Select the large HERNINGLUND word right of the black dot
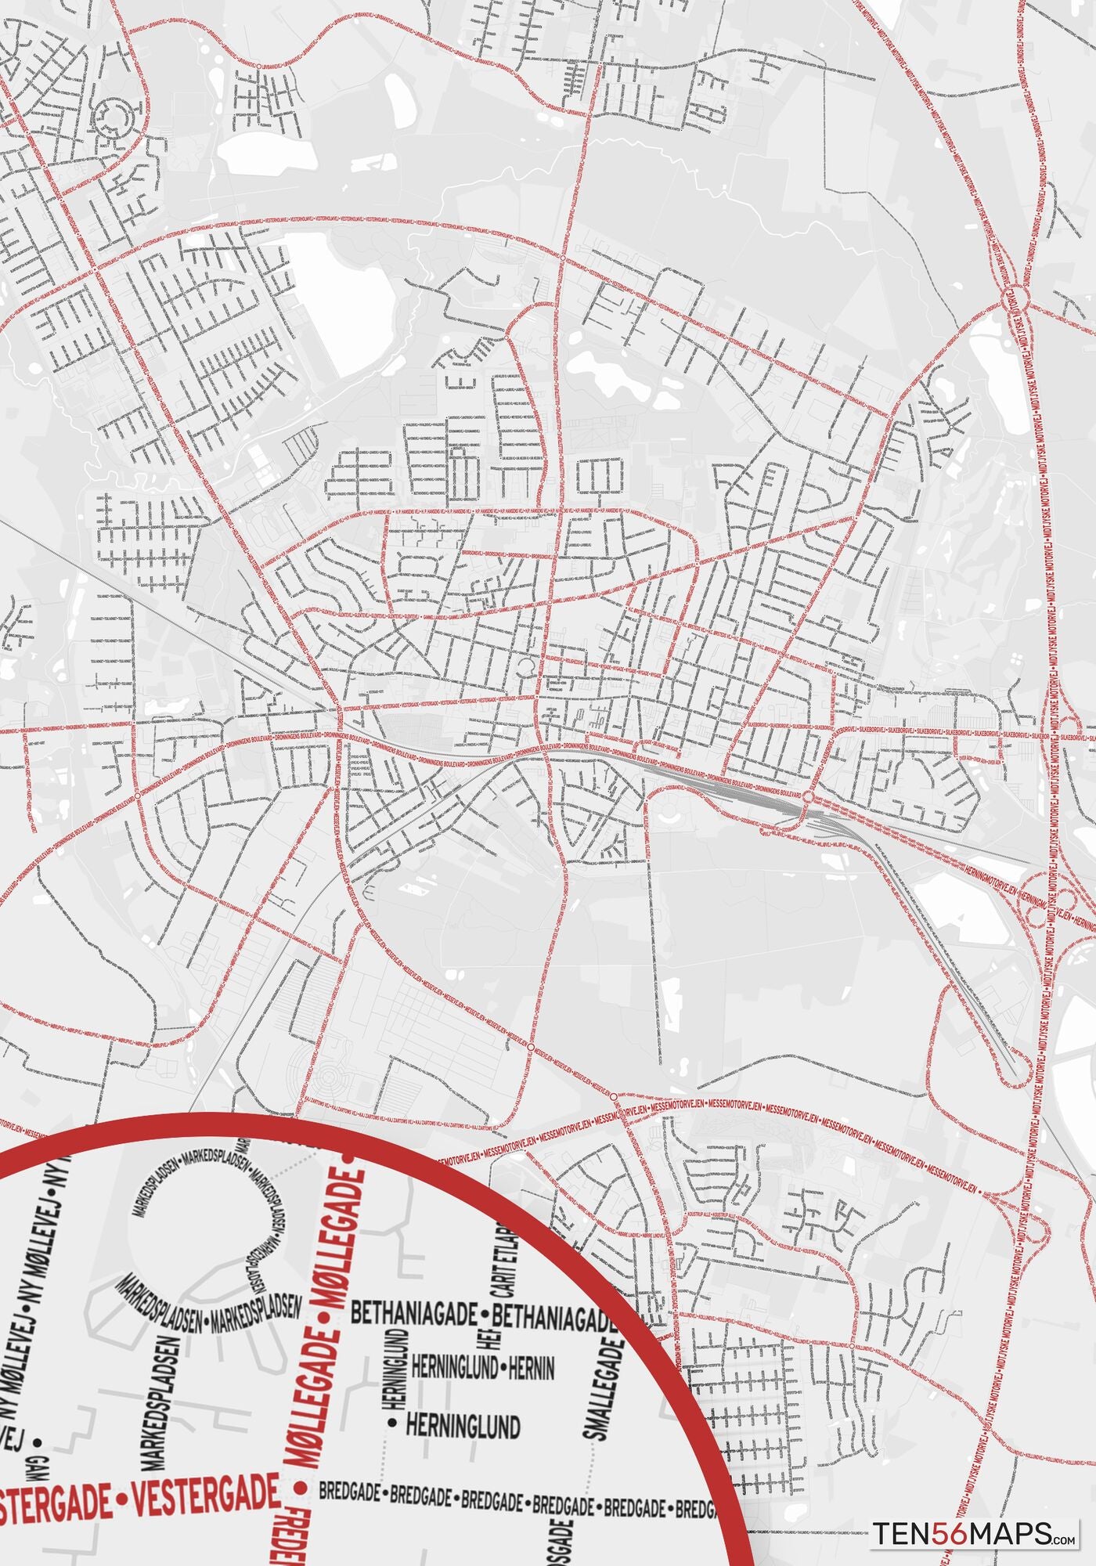[463, 1427]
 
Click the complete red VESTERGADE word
[206, 1498]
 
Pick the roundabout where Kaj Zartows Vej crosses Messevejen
[530, 1046]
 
